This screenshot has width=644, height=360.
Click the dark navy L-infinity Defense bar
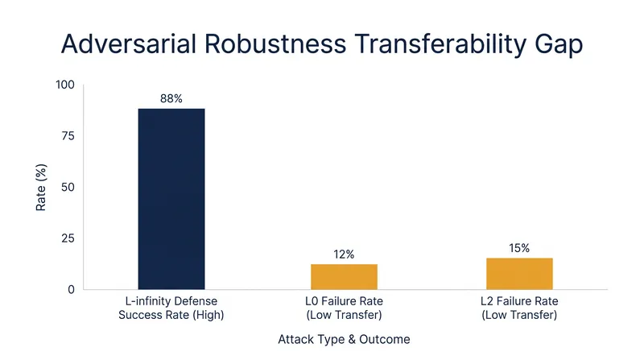pyautogui.click(x=171, y=199)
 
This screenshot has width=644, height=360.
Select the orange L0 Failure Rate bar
pyautogui.click(x=345, y=277)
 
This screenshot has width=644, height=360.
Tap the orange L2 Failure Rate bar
pyautogui.click(x=519, y=274)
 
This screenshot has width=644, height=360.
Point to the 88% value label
pyautogui.click(x=171, y=98)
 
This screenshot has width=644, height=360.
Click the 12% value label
pyautogui.click(x=344, y=254)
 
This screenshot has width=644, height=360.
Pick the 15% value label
pyautogui.click(x=519, y=248)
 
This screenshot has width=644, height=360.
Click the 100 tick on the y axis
pyautogui.click(x=65, y=85)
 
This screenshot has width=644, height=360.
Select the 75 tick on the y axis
pyautogui.click(x=68, y=136)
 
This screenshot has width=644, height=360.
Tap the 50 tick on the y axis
pyautogui.click(x=68, y=187)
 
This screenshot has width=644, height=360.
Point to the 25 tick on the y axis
pyautogui.click(x=68, y=238)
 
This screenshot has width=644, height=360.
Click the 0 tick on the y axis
pyautogui.click(x=71, y=290)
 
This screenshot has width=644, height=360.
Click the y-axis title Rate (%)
pyautogui.click(x=41, y=188)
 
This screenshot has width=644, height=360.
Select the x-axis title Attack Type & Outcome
pyautogui.click(x=345, y=339)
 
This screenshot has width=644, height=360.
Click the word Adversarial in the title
pyautogui.click(x=129, y=43)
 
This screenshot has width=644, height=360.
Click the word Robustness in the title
pyautogui.click(x=275, y=43)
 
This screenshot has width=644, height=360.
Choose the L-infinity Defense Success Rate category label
pyautogui.click(x=171, y=308)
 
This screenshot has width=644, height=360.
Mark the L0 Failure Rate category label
pyautogui.click(x=345, y=308)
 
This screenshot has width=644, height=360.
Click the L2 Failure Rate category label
pyautogui.click(x=519, y=308)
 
